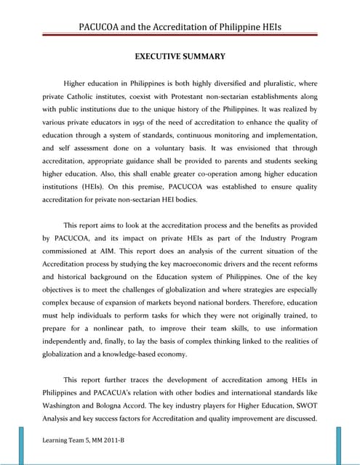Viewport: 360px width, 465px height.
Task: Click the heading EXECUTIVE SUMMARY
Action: point(180,56)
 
